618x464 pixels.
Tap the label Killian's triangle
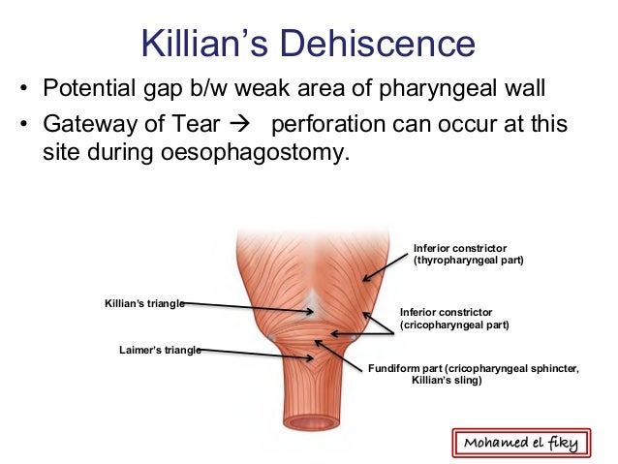144,303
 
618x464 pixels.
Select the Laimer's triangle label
160,350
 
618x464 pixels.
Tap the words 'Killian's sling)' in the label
447,381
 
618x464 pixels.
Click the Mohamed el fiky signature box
520,443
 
